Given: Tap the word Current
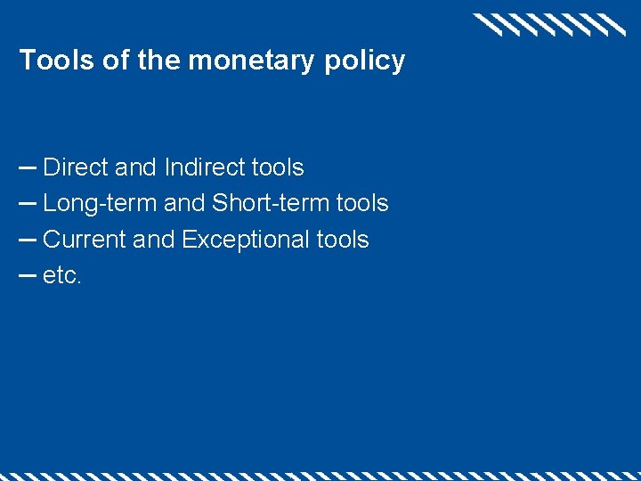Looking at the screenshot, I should tap(85, 240).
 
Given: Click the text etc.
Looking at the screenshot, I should tap(62, 276).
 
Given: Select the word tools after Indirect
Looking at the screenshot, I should tap(278, 167).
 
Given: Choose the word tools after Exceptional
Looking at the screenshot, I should tap(343, 240).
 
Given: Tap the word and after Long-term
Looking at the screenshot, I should tap(184, 204).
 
